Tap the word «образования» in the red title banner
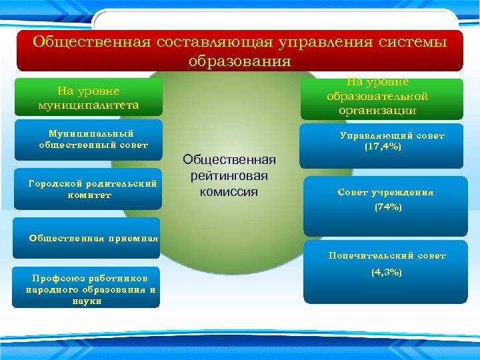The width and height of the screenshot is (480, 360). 239,61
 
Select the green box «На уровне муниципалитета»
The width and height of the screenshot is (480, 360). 89,97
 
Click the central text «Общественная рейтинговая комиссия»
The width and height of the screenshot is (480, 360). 229,175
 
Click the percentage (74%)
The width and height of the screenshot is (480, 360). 387,207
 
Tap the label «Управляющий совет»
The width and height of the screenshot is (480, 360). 391,135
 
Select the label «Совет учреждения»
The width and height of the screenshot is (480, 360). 385,193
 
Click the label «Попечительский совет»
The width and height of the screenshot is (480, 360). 387,255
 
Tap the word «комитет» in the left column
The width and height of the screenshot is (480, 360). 89,195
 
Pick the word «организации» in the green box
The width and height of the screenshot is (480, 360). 377,111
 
